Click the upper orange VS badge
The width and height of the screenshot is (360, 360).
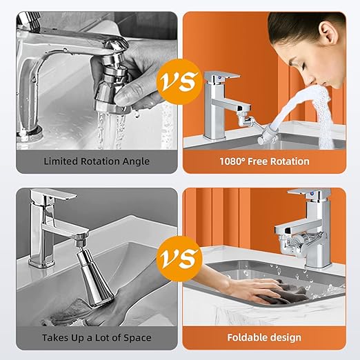point(179,81)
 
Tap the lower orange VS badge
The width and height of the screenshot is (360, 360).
point(179,259)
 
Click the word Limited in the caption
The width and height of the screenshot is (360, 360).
point(61,161)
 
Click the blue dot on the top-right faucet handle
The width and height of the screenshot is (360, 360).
point(220,78)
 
